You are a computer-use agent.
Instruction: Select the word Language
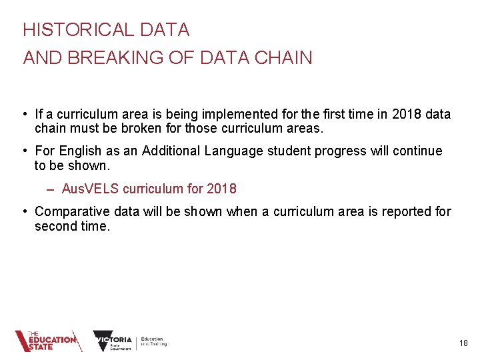234,151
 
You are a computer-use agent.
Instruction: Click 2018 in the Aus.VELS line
221,189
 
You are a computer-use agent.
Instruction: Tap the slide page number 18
463,343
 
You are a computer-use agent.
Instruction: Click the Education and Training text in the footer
153,341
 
